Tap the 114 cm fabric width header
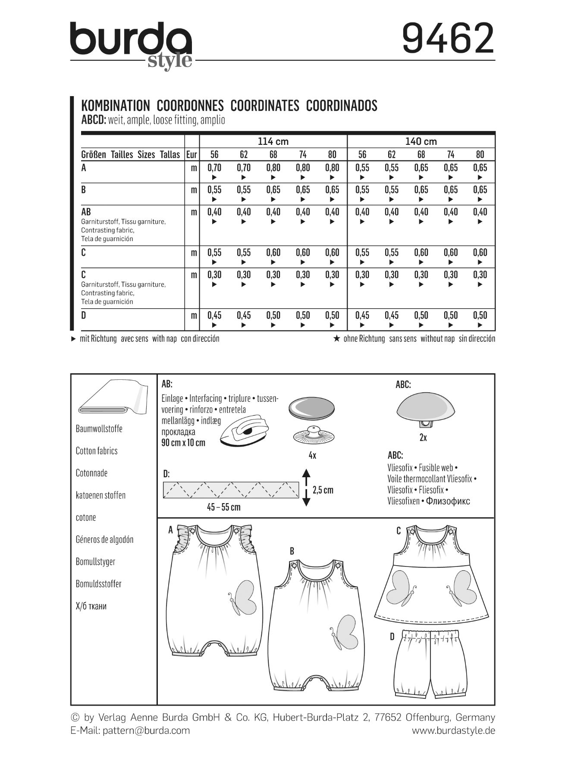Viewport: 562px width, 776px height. (273, 141)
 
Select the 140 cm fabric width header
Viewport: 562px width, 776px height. (421, 141)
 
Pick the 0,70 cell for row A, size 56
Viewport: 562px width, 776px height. (214, 168)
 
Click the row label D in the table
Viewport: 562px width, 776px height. (84, 316)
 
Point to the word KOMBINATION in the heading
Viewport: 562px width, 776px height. (115, 106)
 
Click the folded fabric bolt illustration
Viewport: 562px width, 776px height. (110, 397)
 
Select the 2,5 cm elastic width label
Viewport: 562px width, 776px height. (323, 490)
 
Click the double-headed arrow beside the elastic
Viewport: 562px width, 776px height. (306, 488)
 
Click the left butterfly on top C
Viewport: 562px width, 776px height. (400, 587)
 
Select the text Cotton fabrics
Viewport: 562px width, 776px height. (97, 451)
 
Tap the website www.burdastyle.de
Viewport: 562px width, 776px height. (453, 730)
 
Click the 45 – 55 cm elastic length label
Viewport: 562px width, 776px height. (223, 507)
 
